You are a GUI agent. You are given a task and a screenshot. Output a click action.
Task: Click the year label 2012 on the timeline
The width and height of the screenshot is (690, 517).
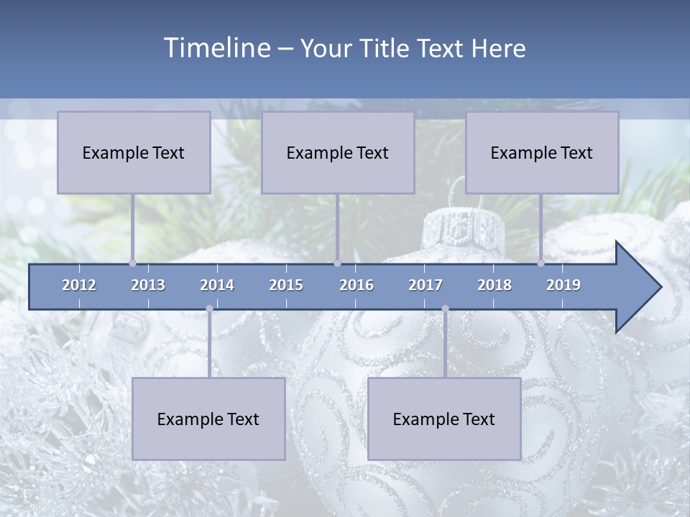[x=79, y=285]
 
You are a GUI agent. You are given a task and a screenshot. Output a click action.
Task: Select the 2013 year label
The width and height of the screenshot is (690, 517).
[x=148, y=285]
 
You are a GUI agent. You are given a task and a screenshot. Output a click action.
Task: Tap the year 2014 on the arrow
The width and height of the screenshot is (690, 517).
[x=217, y=285]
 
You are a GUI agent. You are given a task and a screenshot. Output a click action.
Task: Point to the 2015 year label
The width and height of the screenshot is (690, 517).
[x=286, y=285]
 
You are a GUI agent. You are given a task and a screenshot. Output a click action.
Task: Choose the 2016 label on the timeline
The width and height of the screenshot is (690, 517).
[x=356, y=285]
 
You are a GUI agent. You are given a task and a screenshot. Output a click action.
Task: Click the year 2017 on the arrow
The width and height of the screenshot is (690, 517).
[x=425, y=285]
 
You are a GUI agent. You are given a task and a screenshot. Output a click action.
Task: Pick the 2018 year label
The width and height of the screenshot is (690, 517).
[x=494, y=285]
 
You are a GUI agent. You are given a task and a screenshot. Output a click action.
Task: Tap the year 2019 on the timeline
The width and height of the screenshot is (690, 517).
[x=563, y=285]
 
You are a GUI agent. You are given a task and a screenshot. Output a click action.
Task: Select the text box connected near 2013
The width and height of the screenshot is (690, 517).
[x=134, y=152]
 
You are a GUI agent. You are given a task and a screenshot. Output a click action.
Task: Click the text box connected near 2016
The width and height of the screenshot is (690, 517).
[x=338, y=152]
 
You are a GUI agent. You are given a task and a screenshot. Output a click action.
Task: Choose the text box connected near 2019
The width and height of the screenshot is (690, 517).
[x=542, y=152]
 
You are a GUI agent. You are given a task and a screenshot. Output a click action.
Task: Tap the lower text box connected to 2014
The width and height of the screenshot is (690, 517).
[x=208, y=419]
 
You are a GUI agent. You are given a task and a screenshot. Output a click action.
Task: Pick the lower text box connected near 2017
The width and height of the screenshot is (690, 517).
[x=444, y=419]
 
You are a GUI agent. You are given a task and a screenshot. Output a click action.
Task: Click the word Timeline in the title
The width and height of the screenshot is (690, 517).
[x=216, y=47]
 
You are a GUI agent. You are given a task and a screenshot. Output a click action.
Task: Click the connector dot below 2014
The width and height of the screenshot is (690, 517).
[x=209, y=309]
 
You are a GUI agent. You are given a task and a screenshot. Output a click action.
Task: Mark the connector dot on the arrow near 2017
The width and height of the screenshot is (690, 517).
[x=445, y=309]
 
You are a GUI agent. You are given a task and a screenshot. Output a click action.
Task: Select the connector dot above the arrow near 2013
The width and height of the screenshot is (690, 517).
[x=132, y=263]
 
